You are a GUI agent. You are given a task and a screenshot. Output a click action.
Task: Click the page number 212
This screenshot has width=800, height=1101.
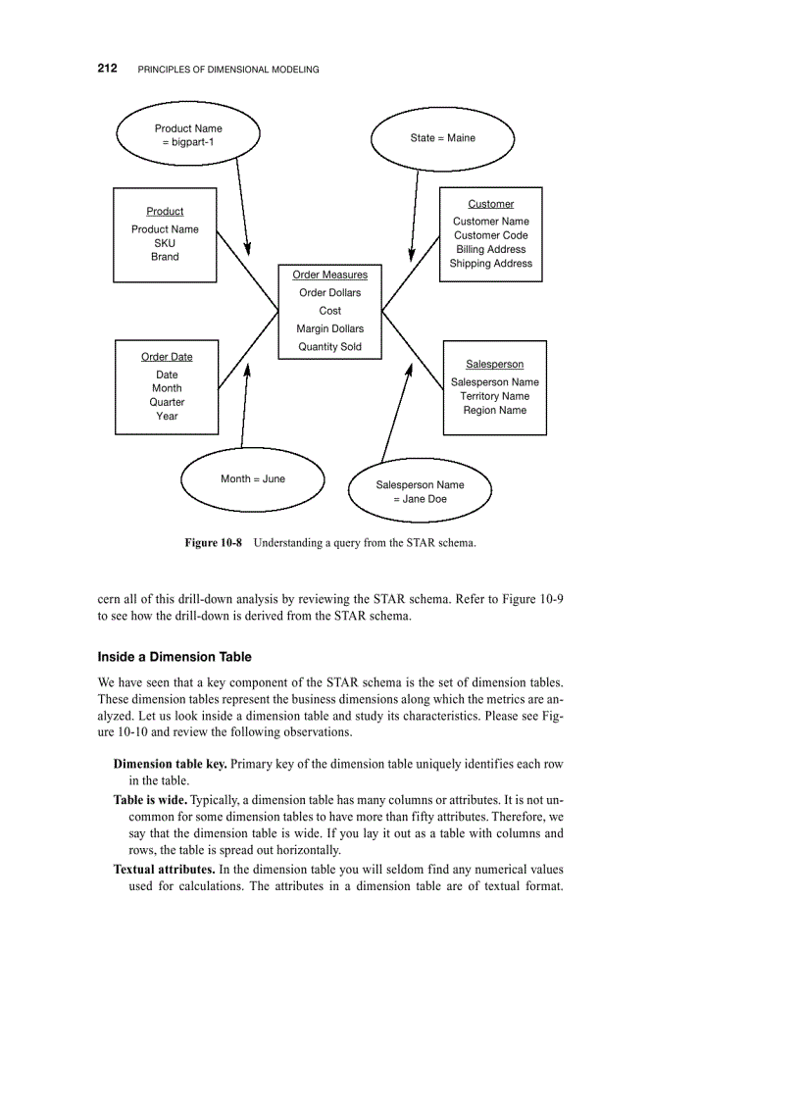click(108, 69)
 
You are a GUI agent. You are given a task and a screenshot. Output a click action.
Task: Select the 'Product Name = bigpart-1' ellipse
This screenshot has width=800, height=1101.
click(188, 135)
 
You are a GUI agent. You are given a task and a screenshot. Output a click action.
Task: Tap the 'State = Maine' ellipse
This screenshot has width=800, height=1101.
click(442, 138)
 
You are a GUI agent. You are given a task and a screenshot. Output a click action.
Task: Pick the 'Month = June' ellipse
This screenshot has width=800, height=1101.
click(253, 479)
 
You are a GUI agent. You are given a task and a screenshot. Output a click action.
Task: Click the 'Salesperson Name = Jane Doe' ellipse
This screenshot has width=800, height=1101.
click(420, 492)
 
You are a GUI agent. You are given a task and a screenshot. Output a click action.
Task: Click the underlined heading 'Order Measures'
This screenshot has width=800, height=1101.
click(330, 275)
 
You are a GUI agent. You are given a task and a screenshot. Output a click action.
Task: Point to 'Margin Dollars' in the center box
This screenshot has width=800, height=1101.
click(330, 329)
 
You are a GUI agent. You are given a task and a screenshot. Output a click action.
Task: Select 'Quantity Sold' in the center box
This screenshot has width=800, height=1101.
click(330, 347)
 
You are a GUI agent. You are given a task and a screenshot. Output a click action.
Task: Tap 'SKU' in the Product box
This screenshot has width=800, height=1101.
click(165, 243)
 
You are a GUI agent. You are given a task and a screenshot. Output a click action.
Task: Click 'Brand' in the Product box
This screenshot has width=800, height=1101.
click(165, 257)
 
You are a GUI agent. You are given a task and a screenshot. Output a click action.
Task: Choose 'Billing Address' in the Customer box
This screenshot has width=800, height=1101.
click(491, 250)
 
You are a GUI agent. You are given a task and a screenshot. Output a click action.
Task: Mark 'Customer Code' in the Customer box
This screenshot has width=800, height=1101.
click(491, 235)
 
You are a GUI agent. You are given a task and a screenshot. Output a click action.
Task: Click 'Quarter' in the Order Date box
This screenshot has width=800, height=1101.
click(167, 402)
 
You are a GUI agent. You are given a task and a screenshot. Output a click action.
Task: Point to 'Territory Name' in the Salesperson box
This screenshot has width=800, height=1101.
click(495, 396)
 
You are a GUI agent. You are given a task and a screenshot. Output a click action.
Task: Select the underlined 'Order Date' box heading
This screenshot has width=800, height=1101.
click(167, 357)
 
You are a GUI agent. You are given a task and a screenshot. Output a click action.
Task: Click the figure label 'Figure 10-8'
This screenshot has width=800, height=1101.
click(213, 542)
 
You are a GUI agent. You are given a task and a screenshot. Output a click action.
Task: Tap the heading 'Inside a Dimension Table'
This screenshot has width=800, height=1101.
click(175, 657)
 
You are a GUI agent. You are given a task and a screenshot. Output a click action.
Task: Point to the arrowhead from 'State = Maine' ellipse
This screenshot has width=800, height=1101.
click(411, 254)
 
